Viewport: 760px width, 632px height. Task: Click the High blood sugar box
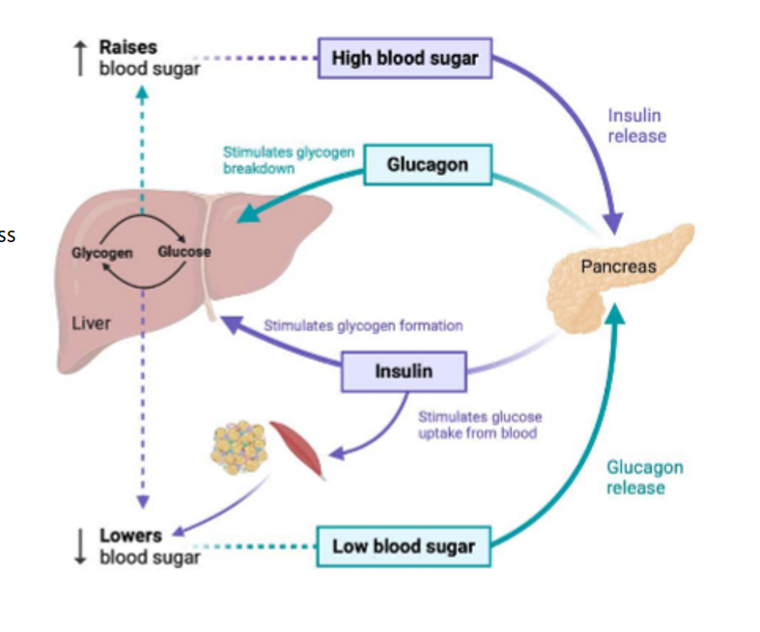tap(405, 58)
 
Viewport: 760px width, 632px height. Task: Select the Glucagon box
tap(427, 165)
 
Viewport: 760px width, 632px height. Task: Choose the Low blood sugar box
tap(404, 546)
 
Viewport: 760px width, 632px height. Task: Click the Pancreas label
tap(618, 266)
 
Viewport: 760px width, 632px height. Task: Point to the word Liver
tap(91, 323)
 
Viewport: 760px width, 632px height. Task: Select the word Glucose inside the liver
tap(183, 252)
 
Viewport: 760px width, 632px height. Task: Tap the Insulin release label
tap(636, 126)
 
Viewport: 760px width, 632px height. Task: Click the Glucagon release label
tap(644, 478)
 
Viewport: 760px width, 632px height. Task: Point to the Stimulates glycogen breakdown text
tap(288, 159)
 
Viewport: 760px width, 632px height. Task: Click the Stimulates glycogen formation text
tap(363, 325)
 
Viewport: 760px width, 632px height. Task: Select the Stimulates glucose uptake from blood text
tap(479, 425)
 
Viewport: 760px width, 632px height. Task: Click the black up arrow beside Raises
tap(81, 58)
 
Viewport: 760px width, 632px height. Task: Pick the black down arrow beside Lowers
tap(81, 546)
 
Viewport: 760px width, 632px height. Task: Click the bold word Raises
tap(127, 47)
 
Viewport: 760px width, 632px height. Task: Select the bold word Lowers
tap(130, 535)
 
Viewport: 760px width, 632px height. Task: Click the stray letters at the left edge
tap(7, 234)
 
